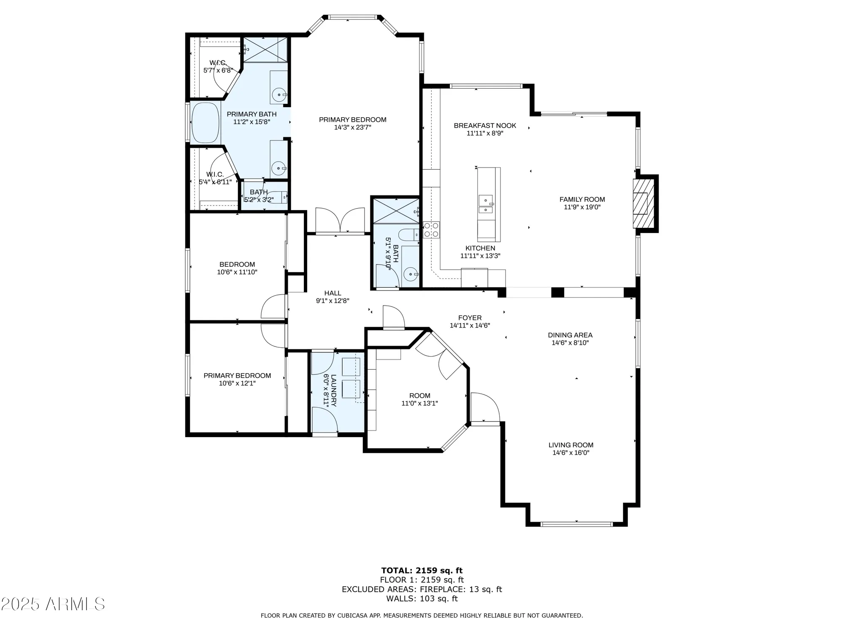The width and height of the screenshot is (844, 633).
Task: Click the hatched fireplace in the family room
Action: pyautogui.click(x=640, y=203)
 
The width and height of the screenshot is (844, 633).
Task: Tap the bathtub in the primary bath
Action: pyautogui.click(x=206, y=123)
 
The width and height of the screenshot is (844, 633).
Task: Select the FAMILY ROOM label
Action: pyautogui.click(x=582, y=199)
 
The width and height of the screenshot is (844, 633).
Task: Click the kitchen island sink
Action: pyautogui.click(x=486, y=204)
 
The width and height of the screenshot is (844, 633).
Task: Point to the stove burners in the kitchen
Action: pyautogui.click(x=431, y=230)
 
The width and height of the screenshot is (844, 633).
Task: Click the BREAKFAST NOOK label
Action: pyautogui.click(x=485, y=125)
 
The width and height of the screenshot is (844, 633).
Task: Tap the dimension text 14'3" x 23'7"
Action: pyautogui.click(x=352, y=127)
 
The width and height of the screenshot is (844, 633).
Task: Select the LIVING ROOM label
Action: pyautogui.click(x=571, y=445)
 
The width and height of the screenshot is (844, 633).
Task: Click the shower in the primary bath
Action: pyautogui.click(x=265, y=49)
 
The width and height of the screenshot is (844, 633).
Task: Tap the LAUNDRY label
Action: pyautogui.click(x=333, y=390)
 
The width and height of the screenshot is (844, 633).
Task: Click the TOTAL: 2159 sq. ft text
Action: pyautogui.click(x=422, y=571)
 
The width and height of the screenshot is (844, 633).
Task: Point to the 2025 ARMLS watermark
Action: pyautogui.click(x=53, y=604)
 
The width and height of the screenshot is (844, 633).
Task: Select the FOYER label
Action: pyautogui.click(x=470, y=318)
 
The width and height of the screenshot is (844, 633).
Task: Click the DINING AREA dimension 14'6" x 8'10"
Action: pyautogui.click(x=570, y=343)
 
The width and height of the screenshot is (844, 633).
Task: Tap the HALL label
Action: pyautogui.click(x=333, y=293)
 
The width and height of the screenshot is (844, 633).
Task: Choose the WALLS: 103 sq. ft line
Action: pyautogui.click(x=422, y=598)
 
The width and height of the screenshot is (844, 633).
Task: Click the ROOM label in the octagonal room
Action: pyautogui.click(x=419, y=395)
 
